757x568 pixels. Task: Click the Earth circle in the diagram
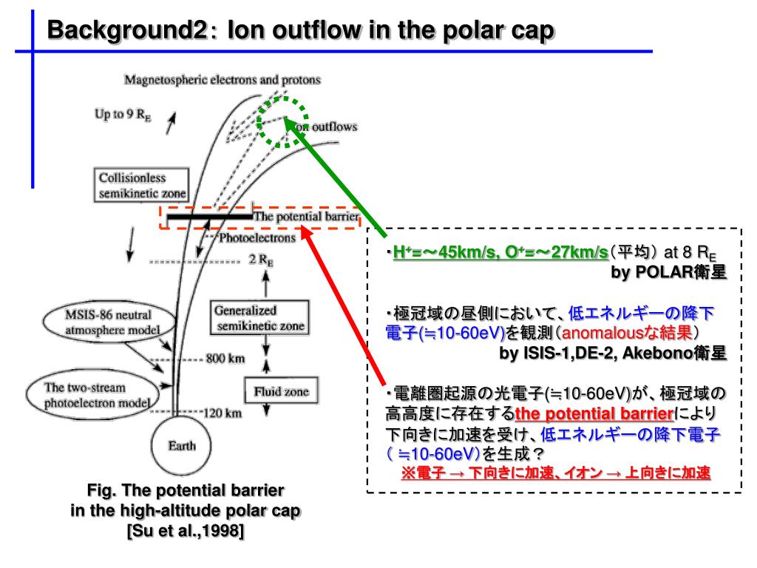[x=182, y=445]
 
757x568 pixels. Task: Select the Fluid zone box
[x=276, y=391]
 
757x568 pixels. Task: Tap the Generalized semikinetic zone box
[x=258, y=318]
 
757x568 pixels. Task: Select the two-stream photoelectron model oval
[x=90, y=396]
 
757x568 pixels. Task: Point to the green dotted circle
[x=282, y=121]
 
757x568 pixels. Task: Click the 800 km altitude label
[x=225, y=359]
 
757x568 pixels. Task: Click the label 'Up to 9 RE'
[x=123, y=115]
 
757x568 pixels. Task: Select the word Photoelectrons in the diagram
[x=257, y=238]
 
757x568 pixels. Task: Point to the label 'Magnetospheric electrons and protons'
[x=223, y=79]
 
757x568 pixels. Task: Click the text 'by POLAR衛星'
[x=668, y=272]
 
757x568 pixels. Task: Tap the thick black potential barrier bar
[x=209, y=217]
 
